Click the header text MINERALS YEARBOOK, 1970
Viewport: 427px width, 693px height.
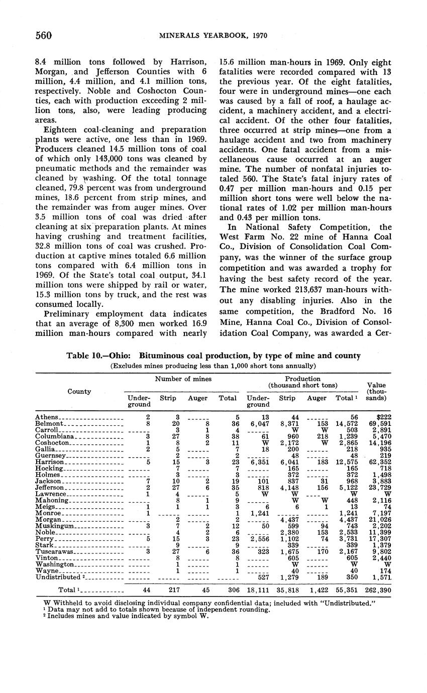[214, 36]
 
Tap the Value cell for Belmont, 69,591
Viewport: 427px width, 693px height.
[379, 424]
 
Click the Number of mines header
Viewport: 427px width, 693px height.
[182, 379]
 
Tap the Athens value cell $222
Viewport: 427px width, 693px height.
[382, 417]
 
